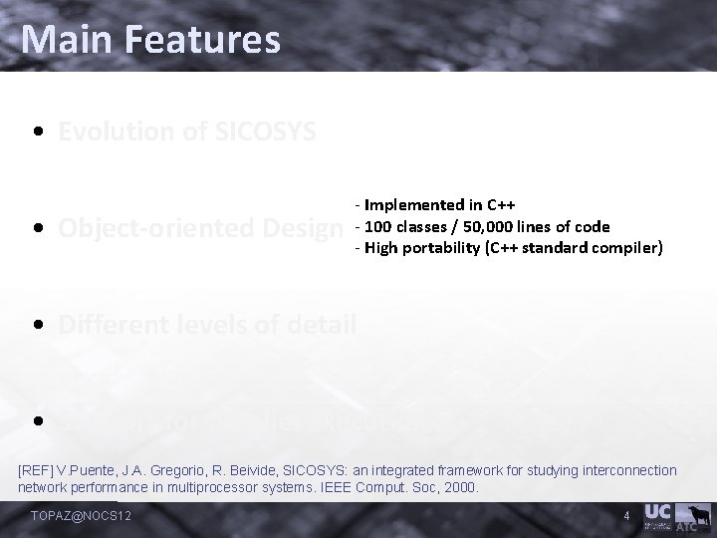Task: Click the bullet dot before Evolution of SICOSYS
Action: coord(36,132)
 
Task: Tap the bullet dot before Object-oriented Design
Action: coord(36,227)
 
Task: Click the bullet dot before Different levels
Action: coord(36,323)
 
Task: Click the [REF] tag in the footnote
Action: coord(38,470)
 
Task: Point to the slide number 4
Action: coord(625,515)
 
